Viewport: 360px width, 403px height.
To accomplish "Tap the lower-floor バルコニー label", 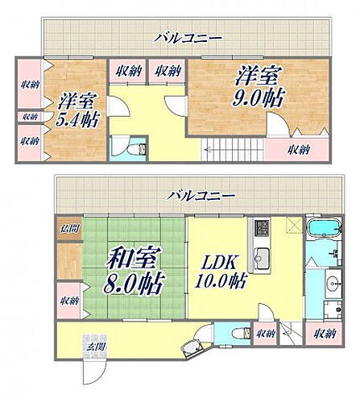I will point(201,195).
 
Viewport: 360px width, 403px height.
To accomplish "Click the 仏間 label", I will point(68,229).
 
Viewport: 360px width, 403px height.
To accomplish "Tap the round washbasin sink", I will point(333,282).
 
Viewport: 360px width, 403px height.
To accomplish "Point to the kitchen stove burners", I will point(260,234).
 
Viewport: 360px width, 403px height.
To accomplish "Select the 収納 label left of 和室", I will point(68,300).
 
